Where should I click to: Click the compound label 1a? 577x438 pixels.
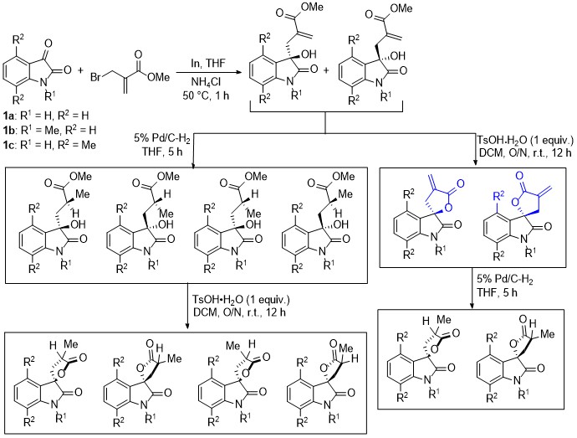8,116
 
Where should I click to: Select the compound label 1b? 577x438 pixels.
8,130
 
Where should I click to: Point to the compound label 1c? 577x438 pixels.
8,145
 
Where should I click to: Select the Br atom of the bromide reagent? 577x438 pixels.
95,78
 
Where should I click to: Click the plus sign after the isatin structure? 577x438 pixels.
80,70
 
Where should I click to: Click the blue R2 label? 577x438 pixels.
498,196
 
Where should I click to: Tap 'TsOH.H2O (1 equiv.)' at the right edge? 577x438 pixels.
525,141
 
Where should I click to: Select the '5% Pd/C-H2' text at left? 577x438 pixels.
163,139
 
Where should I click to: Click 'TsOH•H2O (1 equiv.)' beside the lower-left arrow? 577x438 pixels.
241,300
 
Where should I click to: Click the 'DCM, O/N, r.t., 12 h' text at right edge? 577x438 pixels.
525,152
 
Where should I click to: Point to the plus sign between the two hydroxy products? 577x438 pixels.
327,70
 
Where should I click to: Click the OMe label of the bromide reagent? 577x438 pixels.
158,77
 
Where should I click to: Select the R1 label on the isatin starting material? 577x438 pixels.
50,95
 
